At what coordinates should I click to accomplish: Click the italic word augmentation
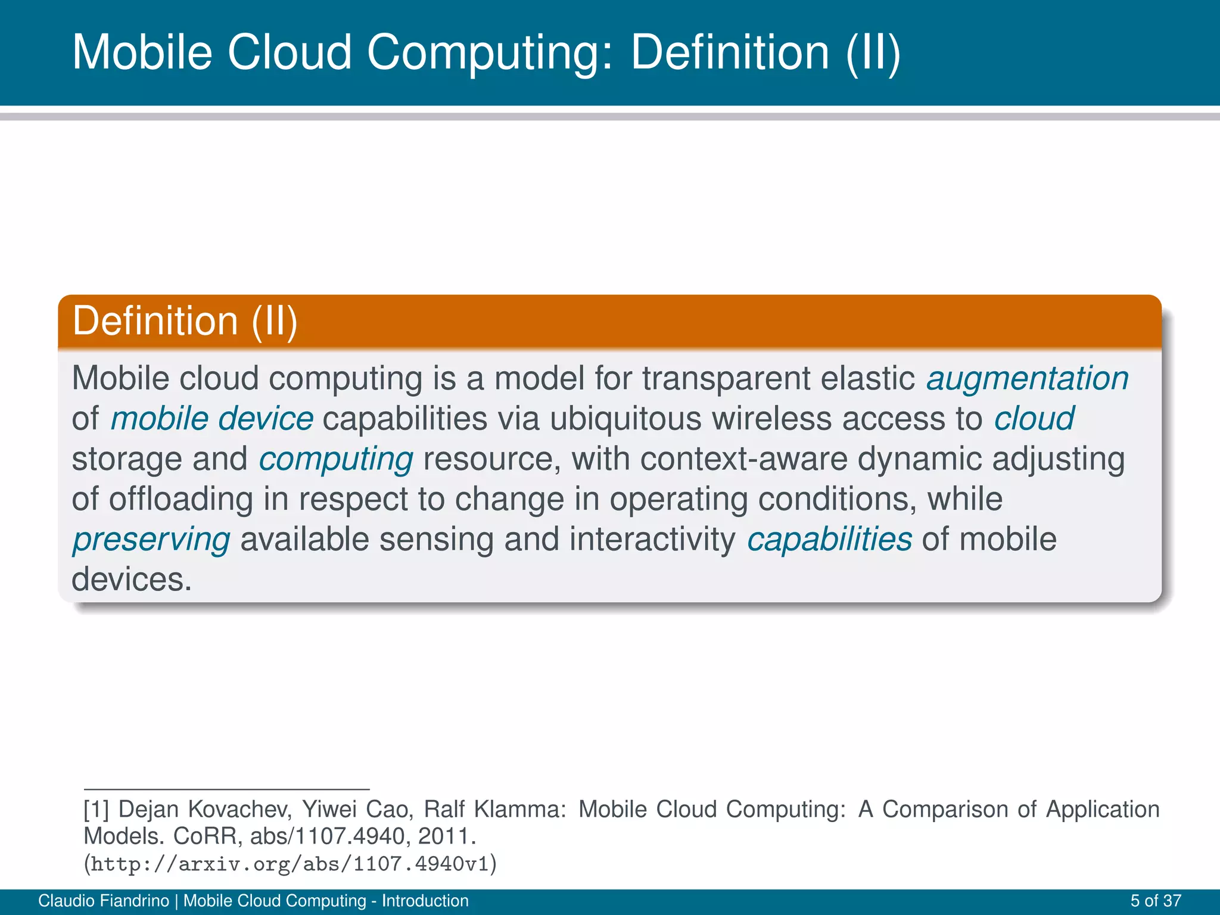pyautogui.click(x=1027, y=379)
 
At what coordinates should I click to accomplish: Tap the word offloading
pyautogui.click(x=180, y=499)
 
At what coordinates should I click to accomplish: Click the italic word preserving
pyautogui.click(x=151, y=540)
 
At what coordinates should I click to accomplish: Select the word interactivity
pyautogui.click(x=652, y=540)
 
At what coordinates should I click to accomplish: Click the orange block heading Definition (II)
pyautogui.click(x=185, y=321)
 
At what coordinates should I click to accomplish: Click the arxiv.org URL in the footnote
pyautogui.click(x=290, y=864)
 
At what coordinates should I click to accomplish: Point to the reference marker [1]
pyautogui.click(x=96, y=810)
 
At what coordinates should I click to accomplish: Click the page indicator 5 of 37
pyautogui.click(x=1156, y=901)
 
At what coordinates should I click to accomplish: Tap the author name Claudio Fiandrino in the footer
pyautogui.click(x=104, y=901)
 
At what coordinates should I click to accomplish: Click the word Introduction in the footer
pyautogui.click(x=425, y=901)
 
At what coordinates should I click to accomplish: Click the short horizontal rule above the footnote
pyautogui.click(x=226, y=789)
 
